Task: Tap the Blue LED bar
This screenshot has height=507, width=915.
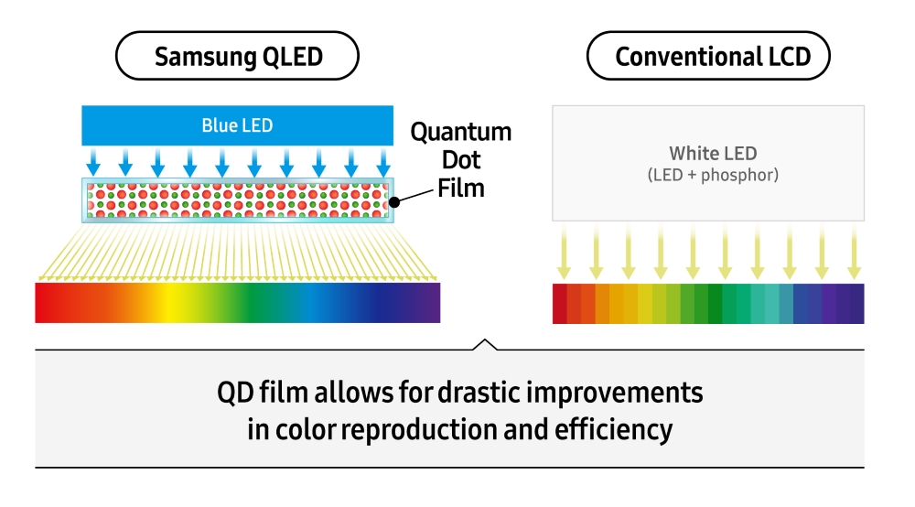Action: pos(237,125)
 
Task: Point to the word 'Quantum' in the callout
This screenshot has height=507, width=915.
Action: pos(460,133)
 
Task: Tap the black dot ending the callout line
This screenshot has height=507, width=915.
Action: pos(394,203)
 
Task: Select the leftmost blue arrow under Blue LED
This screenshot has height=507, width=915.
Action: pos(93,163)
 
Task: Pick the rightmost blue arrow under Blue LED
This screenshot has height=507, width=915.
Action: pos(383,163)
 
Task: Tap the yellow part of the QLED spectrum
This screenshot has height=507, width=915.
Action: pos(171,303)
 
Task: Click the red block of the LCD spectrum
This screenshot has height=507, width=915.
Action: pos(560,304)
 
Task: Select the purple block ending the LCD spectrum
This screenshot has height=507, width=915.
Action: pos(856,304)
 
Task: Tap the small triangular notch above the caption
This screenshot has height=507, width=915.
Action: pos(486,344)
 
